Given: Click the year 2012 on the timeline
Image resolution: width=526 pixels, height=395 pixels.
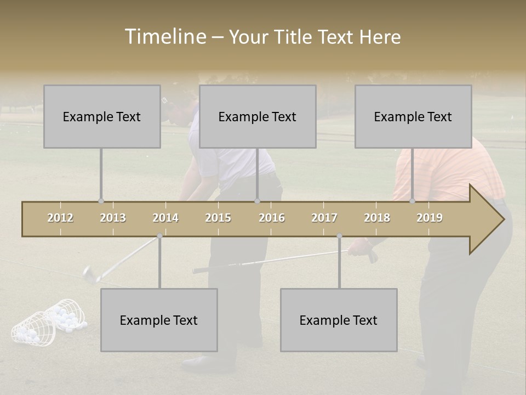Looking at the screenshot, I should (60, 218).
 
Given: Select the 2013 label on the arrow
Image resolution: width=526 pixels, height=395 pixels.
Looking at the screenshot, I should (113, 218).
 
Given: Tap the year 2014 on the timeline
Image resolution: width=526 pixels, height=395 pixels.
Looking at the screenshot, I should (165, 218).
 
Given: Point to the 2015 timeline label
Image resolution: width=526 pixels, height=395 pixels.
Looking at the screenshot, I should (218, 218).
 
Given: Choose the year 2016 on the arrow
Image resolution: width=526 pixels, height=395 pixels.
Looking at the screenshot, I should (272, 218).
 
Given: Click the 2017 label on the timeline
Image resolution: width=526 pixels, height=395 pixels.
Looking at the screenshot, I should (324, 218).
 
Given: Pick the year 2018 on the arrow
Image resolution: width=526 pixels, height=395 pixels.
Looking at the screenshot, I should (377, 218).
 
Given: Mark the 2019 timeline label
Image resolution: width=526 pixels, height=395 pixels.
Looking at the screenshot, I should (430, 218).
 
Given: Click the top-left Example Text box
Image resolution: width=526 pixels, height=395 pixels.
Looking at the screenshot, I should (102, 116).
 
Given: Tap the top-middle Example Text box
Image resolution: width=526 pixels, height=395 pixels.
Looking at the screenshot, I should (258, 116).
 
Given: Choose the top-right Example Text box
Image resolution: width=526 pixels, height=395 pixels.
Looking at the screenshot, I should (413, 116).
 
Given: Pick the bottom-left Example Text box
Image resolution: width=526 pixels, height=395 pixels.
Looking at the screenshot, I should (159, 320).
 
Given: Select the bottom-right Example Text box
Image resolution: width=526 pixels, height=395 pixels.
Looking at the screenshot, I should (339, 320).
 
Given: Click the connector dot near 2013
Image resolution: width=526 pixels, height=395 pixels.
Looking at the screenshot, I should (101, 201).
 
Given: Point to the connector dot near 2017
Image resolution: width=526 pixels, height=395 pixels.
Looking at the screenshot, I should (339, 236).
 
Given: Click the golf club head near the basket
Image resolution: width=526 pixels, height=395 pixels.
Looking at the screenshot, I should (88, 273).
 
